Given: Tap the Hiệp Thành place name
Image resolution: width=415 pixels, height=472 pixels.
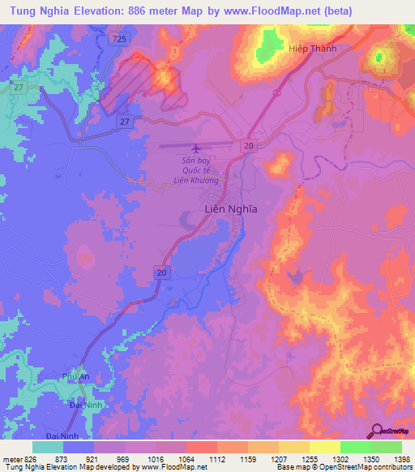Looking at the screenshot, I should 312,48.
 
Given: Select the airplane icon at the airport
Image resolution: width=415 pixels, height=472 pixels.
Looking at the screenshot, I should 195,148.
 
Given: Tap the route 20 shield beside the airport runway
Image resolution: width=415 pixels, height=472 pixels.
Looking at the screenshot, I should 248,144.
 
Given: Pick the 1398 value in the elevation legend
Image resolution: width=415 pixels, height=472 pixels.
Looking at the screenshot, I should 400,459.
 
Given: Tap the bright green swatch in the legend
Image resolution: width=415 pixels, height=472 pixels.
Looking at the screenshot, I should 355,447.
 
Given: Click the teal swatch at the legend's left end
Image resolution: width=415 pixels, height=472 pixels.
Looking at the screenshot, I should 47,447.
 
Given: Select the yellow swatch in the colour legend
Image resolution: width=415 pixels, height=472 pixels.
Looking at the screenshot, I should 324,447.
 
